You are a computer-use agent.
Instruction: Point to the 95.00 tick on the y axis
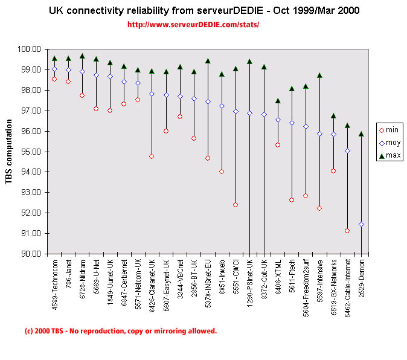click(31, 152)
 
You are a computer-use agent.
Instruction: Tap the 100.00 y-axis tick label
click(30, 49)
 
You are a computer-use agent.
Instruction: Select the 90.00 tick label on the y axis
click(31, 254)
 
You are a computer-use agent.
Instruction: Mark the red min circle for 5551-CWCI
click(236, 205)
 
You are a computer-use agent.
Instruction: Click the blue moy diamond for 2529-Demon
click(361, 224)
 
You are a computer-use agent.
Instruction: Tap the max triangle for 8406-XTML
click(278, 101)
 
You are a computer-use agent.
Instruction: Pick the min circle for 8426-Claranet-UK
click(152, 156)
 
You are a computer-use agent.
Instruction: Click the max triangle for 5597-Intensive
click(319, 76)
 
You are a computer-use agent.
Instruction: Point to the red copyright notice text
click(120, 331)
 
